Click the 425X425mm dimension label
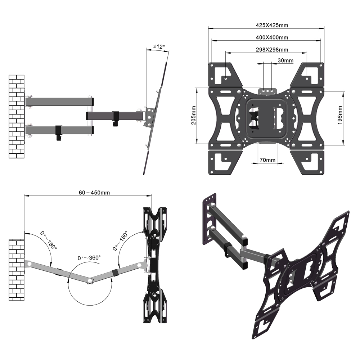272,25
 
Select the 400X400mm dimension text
272,37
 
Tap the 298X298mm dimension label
272,49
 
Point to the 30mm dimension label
285,60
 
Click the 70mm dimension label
267,160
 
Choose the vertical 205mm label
194,115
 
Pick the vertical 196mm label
340,115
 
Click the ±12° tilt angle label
159,46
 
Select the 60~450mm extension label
94,192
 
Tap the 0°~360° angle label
89,258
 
